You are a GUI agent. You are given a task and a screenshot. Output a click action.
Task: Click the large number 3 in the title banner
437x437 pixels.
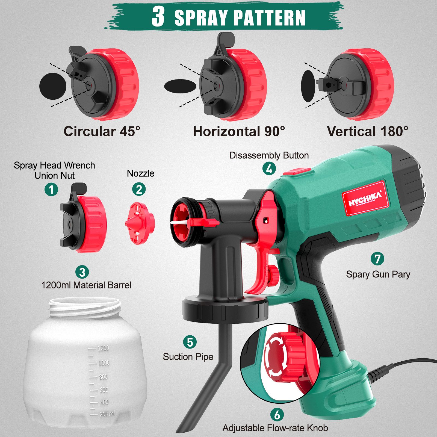[x=158, y=17]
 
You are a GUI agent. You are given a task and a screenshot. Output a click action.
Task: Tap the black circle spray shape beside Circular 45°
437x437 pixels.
[x=53, y=86]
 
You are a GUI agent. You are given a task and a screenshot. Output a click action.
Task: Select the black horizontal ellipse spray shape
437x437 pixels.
[x=180, y=86]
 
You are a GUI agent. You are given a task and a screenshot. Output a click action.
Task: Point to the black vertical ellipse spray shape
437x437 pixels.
[x=308, y=86]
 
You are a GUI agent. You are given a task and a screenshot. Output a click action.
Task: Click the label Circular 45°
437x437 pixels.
[x=102, y=131]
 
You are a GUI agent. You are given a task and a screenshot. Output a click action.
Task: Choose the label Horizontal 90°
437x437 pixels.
[x=239, y=131]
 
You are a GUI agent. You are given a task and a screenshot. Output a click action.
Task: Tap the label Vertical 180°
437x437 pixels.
[x=368, y=131]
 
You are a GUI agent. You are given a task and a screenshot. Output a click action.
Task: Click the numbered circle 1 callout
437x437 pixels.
[x=51, y=189]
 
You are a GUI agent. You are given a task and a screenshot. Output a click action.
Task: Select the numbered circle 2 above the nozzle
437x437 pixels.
[x=139, y=189]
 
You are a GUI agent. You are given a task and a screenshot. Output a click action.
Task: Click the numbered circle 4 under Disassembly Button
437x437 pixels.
[x=269, y=169]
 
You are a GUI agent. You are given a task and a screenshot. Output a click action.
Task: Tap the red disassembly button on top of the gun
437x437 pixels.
[x=297, y=172]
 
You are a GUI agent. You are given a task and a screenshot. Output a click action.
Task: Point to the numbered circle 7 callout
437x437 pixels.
[x=377, y=259]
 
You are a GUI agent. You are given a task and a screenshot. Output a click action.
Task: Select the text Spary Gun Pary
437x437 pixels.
[x=378, y=274]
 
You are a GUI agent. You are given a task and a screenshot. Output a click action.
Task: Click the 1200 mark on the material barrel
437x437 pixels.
[x=103, y=348]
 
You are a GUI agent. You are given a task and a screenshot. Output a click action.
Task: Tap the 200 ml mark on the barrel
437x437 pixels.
[x=107, y=414]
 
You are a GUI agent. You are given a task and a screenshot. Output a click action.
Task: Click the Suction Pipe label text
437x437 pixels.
[x=188, y=357]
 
